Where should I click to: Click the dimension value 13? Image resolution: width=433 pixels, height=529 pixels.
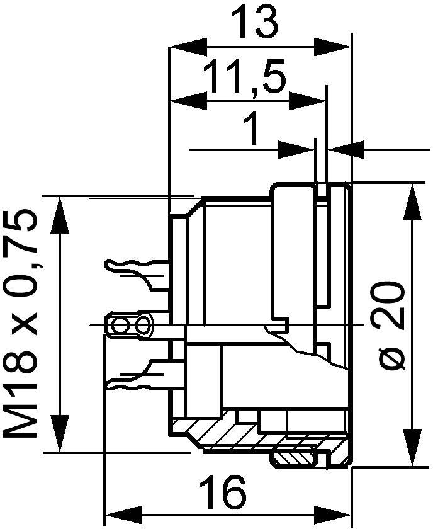click(255, 22)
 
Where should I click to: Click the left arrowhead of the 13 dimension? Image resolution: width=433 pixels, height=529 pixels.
click(189, 47)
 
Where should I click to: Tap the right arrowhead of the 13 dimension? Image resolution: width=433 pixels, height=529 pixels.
click(332, 47)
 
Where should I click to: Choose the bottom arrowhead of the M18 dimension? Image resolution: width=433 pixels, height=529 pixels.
click(61, 434)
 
